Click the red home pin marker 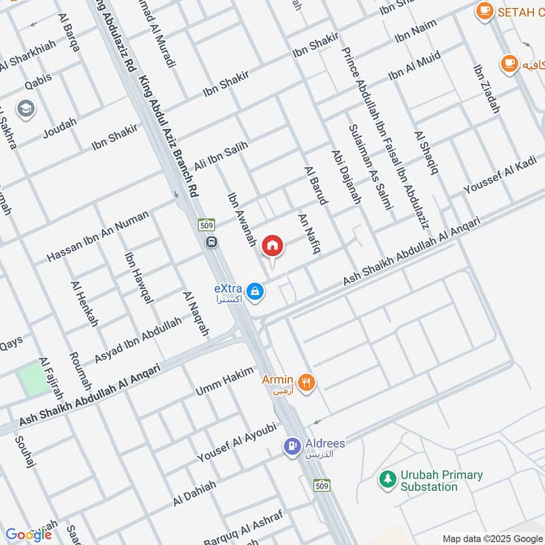pos(273,246)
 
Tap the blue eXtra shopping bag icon pos(255,292)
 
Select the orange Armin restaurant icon pos(307,383)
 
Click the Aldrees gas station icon pos(292,447)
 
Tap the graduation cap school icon pos(26,109)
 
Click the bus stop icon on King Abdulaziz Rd pos(212,241)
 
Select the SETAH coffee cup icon pos(484,11)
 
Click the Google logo pos(29,535)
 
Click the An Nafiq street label pos(309,230)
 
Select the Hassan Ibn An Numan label pos(97,236)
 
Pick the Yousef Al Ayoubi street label pos(236,441)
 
